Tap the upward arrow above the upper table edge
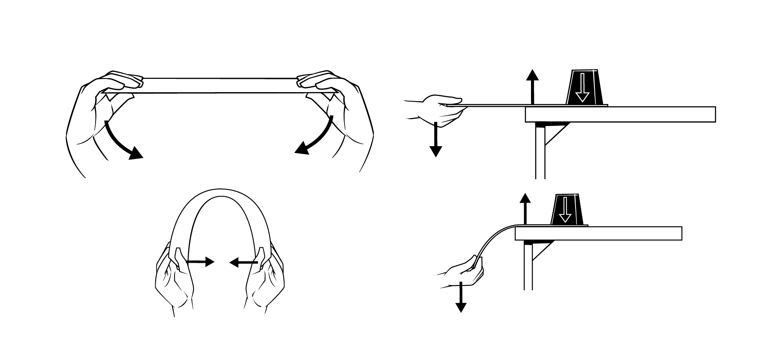532,86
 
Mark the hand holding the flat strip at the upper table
439,109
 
